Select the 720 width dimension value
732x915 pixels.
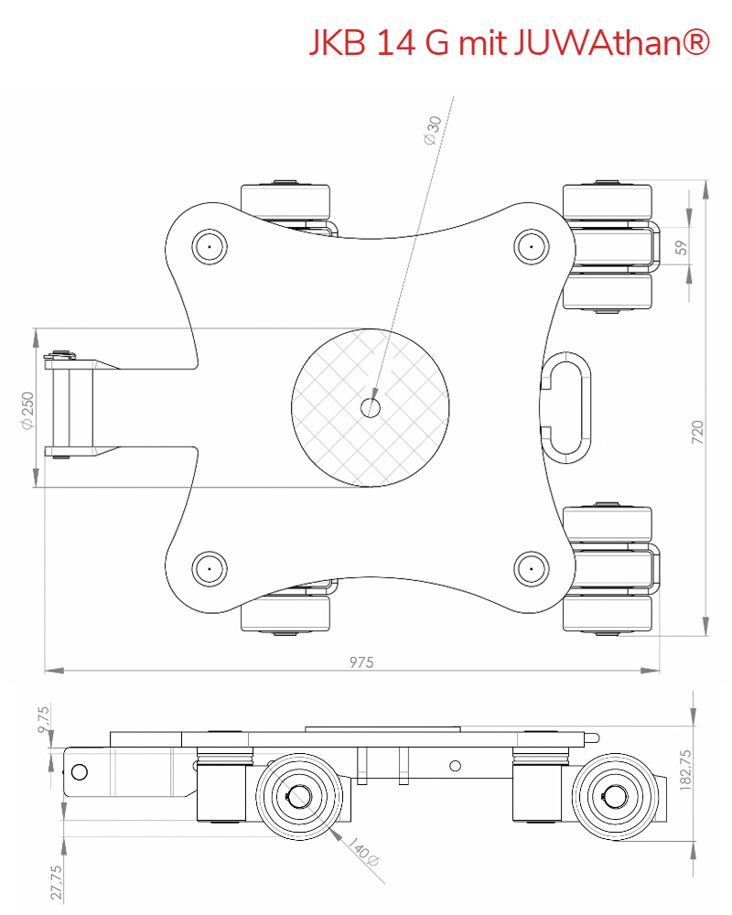coord(698,432)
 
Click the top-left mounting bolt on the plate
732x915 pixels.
coord(209,245)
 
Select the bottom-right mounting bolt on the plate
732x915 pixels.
coord(530,568)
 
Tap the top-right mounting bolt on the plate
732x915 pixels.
coord(530,245)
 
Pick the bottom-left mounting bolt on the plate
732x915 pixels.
coord(209,568)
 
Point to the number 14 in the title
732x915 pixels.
coord(393,43)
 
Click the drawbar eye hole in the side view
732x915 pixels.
coord(80,771)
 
